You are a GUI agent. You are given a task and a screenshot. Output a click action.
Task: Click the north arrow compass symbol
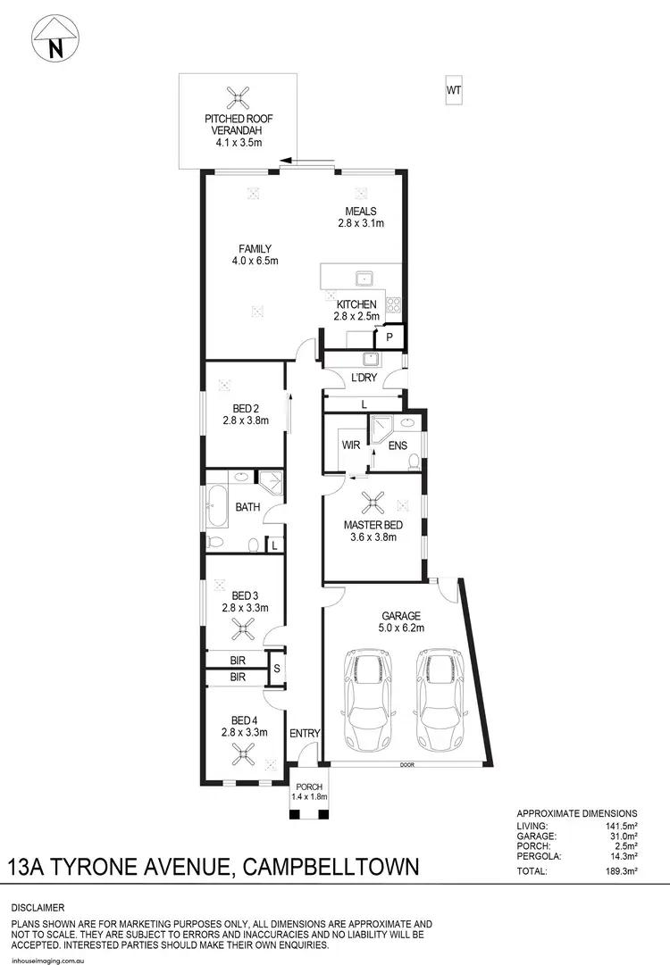pos(55,38)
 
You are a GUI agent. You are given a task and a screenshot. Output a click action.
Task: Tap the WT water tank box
pos(454,90)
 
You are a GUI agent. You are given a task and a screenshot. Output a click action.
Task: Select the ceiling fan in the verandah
pos(239,98)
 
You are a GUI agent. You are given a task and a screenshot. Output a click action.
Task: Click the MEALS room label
pos(362,212)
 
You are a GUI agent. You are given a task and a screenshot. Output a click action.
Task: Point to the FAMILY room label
pos(255,248)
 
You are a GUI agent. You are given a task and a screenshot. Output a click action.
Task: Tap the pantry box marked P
pos(389,337)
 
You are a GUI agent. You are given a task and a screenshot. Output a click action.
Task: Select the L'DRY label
pos(364,379)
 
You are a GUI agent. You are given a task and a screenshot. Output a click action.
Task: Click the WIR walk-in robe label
pos(349,444)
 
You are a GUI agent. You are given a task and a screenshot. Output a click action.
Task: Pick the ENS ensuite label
pos(398,444)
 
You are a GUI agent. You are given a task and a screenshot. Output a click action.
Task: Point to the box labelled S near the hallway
pos(277,667)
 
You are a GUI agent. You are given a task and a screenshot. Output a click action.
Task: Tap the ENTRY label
pos(305,733)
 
